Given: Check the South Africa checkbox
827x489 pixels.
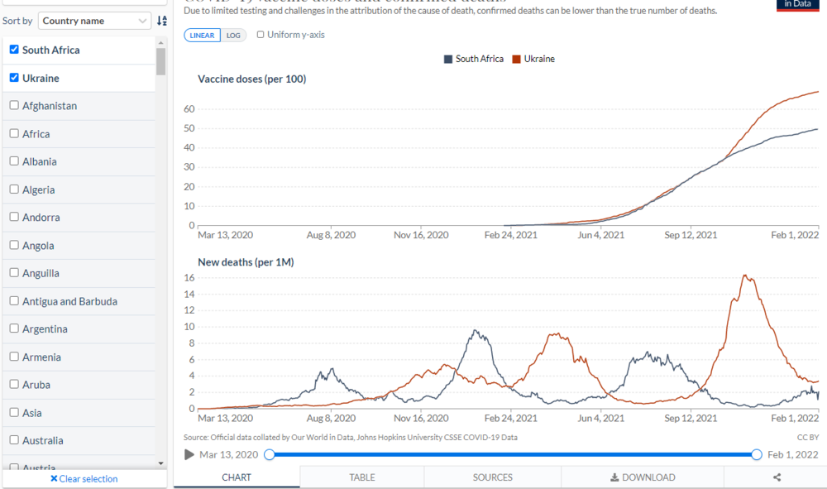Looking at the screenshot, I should click(14, 50).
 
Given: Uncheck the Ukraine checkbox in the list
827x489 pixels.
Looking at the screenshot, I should click(14, 78).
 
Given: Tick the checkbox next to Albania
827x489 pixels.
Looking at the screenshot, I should click(14, 161).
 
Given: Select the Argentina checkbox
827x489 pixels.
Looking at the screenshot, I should click(14, 328).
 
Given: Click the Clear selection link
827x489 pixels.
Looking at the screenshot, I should click(84, 478).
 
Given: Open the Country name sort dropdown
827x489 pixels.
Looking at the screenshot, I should click(95, 21).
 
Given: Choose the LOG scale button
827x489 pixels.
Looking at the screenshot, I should click(233, 35).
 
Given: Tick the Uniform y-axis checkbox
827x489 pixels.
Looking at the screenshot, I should click(261, 35).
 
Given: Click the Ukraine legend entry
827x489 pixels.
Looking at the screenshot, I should click(534, 59).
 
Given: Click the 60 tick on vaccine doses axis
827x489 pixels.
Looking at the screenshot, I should click(189, 109).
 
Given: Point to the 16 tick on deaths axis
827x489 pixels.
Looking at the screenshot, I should click(189, 277).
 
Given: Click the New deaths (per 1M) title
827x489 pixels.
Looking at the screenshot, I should click(246, 262).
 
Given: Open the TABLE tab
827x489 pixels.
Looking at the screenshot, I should click(362, 477).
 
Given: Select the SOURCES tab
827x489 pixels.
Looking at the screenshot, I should click(493, 477).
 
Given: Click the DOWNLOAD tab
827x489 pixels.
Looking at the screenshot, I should click(643, 477).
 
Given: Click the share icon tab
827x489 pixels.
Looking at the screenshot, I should click(777, 477).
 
